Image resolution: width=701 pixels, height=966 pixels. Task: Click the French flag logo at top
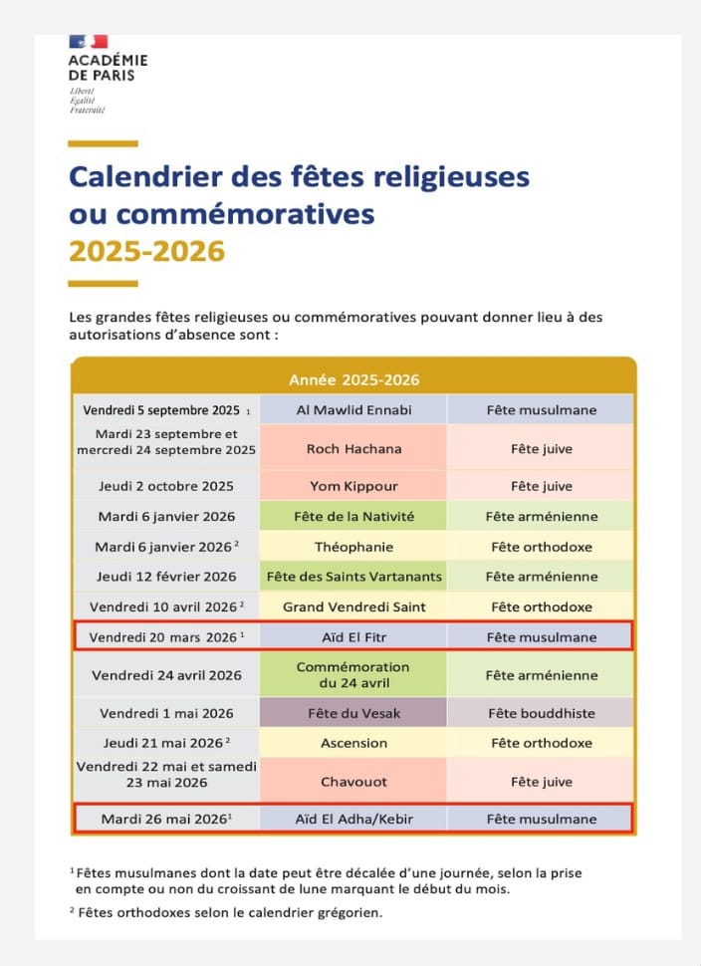coord(88,42)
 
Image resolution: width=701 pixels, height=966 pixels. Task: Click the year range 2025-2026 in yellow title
coord(146,251)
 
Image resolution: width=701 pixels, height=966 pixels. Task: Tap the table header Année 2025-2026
coord(353,380)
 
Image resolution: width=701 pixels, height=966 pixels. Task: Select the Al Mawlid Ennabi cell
coord(353,410)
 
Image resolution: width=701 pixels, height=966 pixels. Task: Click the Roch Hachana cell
coord(353,449)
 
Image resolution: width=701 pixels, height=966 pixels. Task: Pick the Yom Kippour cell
coord(353,486)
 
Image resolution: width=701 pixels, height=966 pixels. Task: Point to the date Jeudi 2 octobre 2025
coord(165,486)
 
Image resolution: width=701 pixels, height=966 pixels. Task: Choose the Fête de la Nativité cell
coord(353,516)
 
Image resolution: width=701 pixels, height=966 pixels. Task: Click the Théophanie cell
coord(353,547)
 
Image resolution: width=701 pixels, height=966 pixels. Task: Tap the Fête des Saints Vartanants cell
coord(353,577)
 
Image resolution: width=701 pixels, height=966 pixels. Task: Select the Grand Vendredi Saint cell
coord(353,606)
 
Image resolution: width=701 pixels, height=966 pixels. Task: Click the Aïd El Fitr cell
coord(353,637)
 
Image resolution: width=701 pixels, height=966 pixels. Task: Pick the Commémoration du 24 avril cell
coord(353,675)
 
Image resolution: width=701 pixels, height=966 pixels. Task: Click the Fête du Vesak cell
coord(353,713)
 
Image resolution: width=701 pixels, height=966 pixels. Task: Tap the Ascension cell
coord(353,743)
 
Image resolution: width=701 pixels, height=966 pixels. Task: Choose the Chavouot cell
coord(353,782)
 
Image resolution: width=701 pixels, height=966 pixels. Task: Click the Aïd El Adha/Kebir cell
coord(353,819)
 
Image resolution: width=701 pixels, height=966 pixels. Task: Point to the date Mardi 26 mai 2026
coord(165,819)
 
